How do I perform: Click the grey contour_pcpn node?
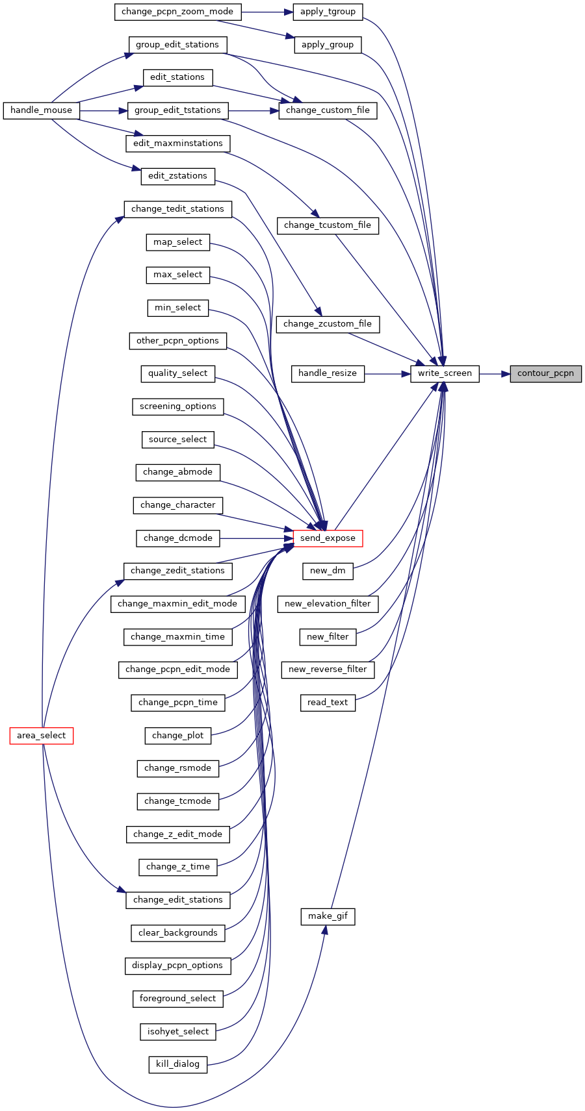tap(545, 373)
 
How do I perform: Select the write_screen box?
tap(445, 373)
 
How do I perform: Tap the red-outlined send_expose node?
tap(328, 538)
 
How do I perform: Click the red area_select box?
tap(41, 736)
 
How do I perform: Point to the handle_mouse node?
tap(41, 110)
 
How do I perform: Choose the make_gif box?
tap(328, 916)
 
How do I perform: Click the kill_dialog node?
tap(178, 1064)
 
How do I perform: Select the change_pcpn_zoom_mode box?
tap(177, 12)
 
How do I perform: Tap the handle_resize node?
tap(328, 373)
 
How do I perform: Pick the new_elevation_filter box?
tap(328, 604)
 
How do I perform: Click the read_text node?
tap(328, 703)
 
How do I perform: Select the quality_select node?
tap(178, 373)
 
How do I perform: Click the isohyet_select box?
tap(178, 1032)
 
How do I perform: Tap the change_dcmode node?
tap(178, 538)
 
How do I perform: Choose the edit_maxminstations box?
tap(178, 144)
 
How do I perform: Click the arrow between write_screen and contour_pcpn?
tap(495, 373)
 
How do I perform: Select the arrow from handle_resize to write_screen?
tap(387, 373)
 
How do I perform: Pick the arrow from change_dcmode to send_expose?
tap(256, 538)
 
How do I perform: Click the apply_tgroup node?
tap(328, 12)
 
